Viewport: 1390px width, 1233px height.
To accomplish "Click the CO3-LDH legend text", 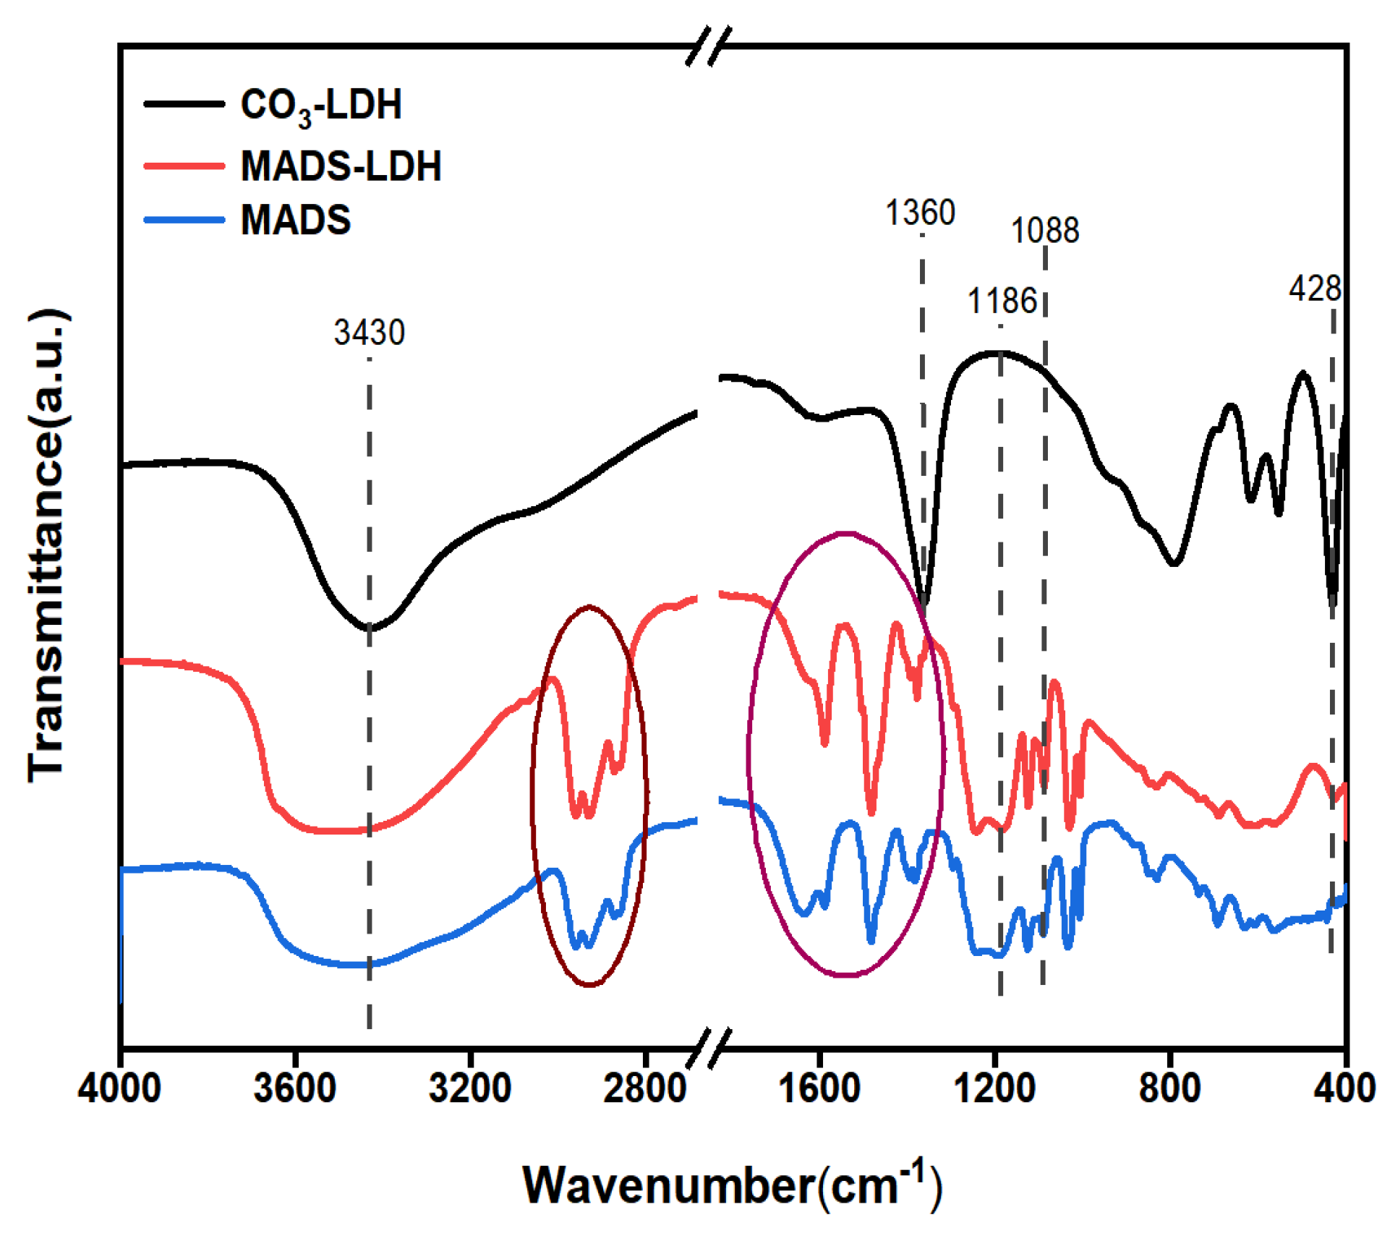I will click(320, 106).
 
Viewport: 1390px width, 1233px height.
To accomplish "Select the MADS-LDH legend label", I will click(341, 166).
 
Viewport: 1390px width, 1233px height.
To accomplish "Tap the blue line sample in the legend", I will click(184, 220).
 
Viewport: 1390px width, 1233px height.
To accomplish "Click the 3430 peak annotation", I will click(369, 333).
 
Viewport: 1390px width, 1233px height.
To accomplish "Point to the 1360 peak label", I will click(920, 213).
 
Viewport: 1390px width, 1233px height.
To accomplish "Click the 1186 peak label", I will click(1002, 301).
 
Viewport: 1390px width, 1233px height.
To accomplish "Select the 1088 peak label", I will click(1044, 231).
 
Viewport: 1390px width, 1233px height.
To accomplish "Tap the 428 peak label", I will click(1314, 289).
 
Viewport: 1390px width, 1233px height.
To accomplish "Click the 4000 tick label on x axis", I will click(119, 1088).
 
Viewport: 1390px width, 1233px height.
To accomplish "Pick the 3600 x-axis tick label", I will click(294, 1088).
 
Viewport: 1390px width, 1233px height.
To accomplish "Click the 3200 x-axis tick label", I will click(470, 1088).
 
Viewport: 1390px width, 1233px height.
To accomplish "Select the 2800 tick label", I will click(644, 1088).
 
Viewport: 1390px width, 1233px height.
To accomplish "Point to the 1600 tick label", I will click(819, 1088).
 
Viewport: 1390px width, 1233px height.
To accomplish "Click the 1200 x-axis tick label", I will click(995, 1088).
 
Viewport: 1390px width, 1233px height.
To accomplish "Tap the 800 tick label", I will click(1169, 1088).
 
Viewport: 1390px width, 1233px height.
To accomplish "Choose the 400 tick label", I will click(1344, 1088).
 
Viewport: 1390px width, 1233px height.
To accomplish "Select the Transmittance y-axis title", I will click(47, 546).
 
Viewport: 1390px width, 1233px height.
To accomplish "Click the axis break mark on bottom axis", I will click(709, 1046).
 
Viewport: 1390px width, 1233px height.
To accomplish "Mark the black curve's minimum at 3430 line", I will click(369, 628).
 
